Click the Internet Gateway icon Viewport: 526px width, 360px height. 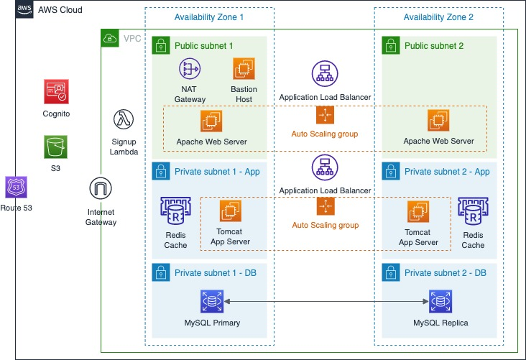coord(101,189)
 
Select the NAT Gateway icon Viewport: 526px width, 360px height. coord(190,70)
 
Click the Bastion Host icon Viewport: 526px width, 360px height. coord(244,70)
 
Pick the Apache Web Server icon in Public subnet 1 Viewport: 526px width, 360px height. coord(211,121)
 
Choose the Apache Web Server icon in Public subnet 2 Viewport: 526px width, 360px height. coord(438,121)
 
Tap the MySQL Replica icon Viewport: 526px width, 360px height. coord(440,301)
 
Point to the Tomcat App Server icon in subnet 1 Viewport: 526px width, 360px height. coord(231,211)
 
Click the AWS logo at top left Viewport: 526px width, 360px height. coord(25,10)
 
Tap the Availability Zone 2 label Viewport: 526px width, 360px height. coord(438,17)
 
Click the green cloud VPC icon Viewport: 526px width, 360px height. coord(110,38)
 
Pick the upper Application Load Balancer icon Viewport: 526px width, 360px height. coord(325,73)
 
